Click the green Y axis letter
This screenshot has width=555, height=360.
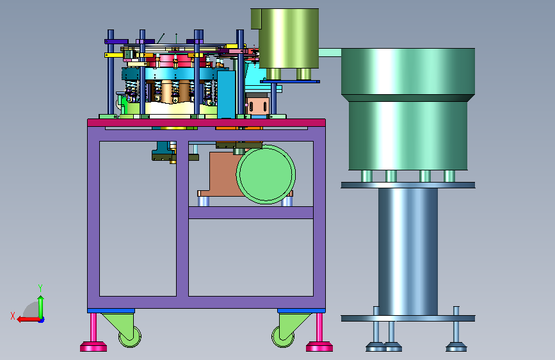point(40,288)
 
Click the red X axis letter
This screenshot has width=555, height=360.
point(13,316)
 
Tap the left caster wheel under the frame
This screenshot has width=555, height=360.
point(130,336)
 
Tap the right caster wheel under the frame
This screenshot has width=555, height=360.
point(283,336)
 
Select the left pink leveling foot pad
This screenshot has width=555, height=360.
point(93,347)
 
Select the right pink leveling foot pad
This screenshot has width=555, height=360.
point(319,347)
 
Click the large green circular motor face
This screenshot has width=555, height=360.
point(266,174)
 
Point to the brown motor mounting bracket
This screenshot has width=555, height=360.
point(221,174)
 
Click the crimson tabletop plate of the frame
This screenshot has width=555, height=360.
point(206,122)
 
